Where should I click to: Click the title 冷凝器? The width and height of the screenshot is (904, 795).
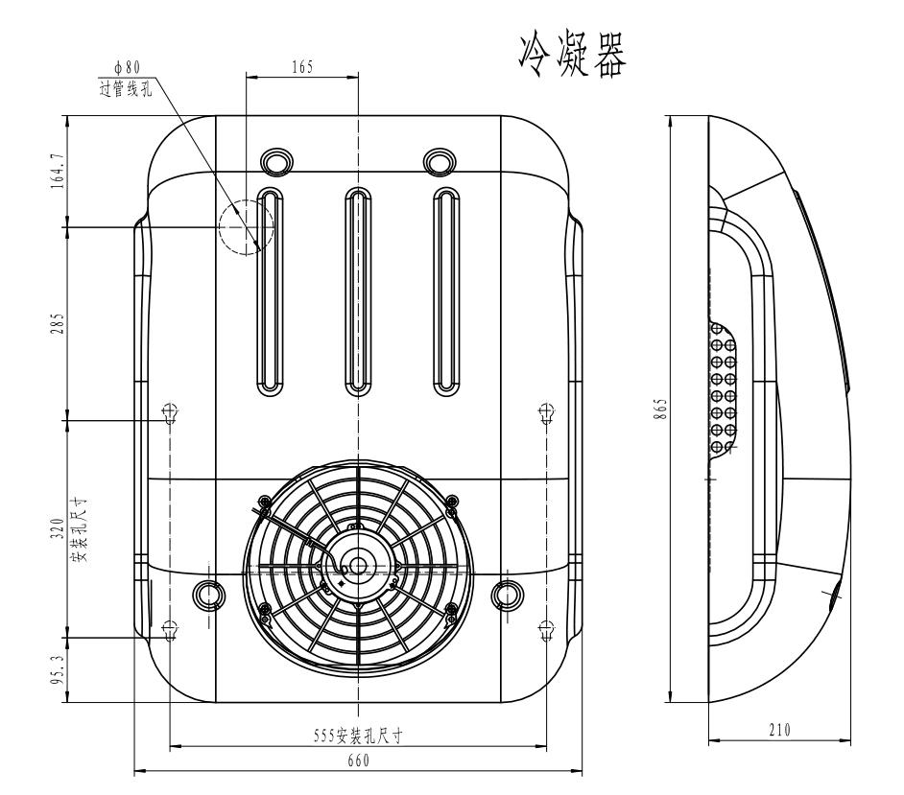[x=572, y=55]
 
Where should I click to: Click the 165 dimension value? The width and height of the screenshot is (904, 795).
[x=302, y=67]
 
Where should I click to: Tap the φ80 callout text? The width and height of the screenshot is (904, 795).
[x=127, y=68]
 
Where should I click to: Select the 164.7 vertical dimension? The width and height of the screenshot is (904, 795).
[x=58, y=171]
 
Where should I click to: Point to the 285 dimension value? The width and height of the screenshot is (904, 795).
[x=58, y=324]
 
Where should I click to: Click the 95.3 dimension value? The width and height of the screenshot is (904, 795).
[x=58, y=670]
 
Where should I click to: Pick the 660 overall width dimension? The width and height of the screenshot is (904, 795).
[x=358, y=760]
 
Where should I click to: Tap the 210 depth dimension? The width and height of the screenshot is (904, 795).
[x=779, y=730]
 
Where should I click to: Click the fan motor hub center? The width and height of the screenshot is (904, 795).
[x=358, y=565]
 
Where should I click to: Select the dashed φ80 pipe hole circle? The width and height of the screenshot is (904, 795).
[x=247, y=227]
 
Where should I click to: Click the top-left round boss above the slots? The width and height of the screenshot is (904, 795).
[x=277, y=161]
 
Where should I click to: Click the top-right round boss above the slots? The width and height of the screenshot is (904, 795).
[x=440, y=161]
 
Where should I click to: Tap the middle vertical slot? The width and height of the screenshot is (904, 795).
[x=358, y=292]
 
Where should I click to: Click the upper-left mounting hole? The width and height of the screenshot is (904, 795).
[x=170, y=413]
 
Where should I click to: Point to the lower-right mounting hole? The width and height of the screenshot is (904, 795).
[x=546, y=630]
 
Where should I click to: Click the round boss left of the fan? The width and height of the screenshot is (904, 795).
[x=208, y=595]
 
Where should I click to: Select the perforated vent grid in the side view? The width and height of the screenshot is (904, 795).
[x=723, y=387]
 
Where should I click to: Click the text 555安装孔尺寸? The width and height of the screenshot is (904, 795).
[x=358, y=736]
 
